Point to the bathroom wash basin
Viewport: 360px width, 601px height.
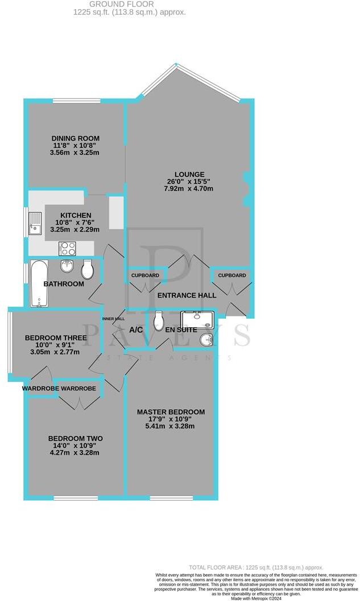pos(67,266)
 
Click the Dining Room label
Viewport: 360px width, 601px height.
pos(76,138)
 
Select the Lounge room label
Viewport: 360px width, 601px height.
pos(189,174)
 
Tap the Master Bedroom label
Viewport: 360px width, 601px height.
pos(171,412)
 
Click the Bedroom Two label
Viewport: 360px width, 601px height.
pos(76,438)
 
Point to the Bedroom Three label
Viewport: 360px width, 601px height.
pos(56,337)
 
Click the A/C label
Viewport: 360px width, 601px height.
pos(136,330)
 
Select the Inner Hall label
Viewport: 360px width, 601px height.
pos(113,319)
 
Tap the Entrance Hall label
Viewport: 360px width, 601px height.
pos(187,295)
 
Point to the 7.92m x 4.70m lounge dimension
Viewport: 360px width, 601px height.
pos(189,189)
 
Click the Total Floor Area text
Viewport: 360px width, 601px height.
pos(256,567)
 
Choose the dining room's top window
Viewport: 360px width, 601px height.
pos(76,101)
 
